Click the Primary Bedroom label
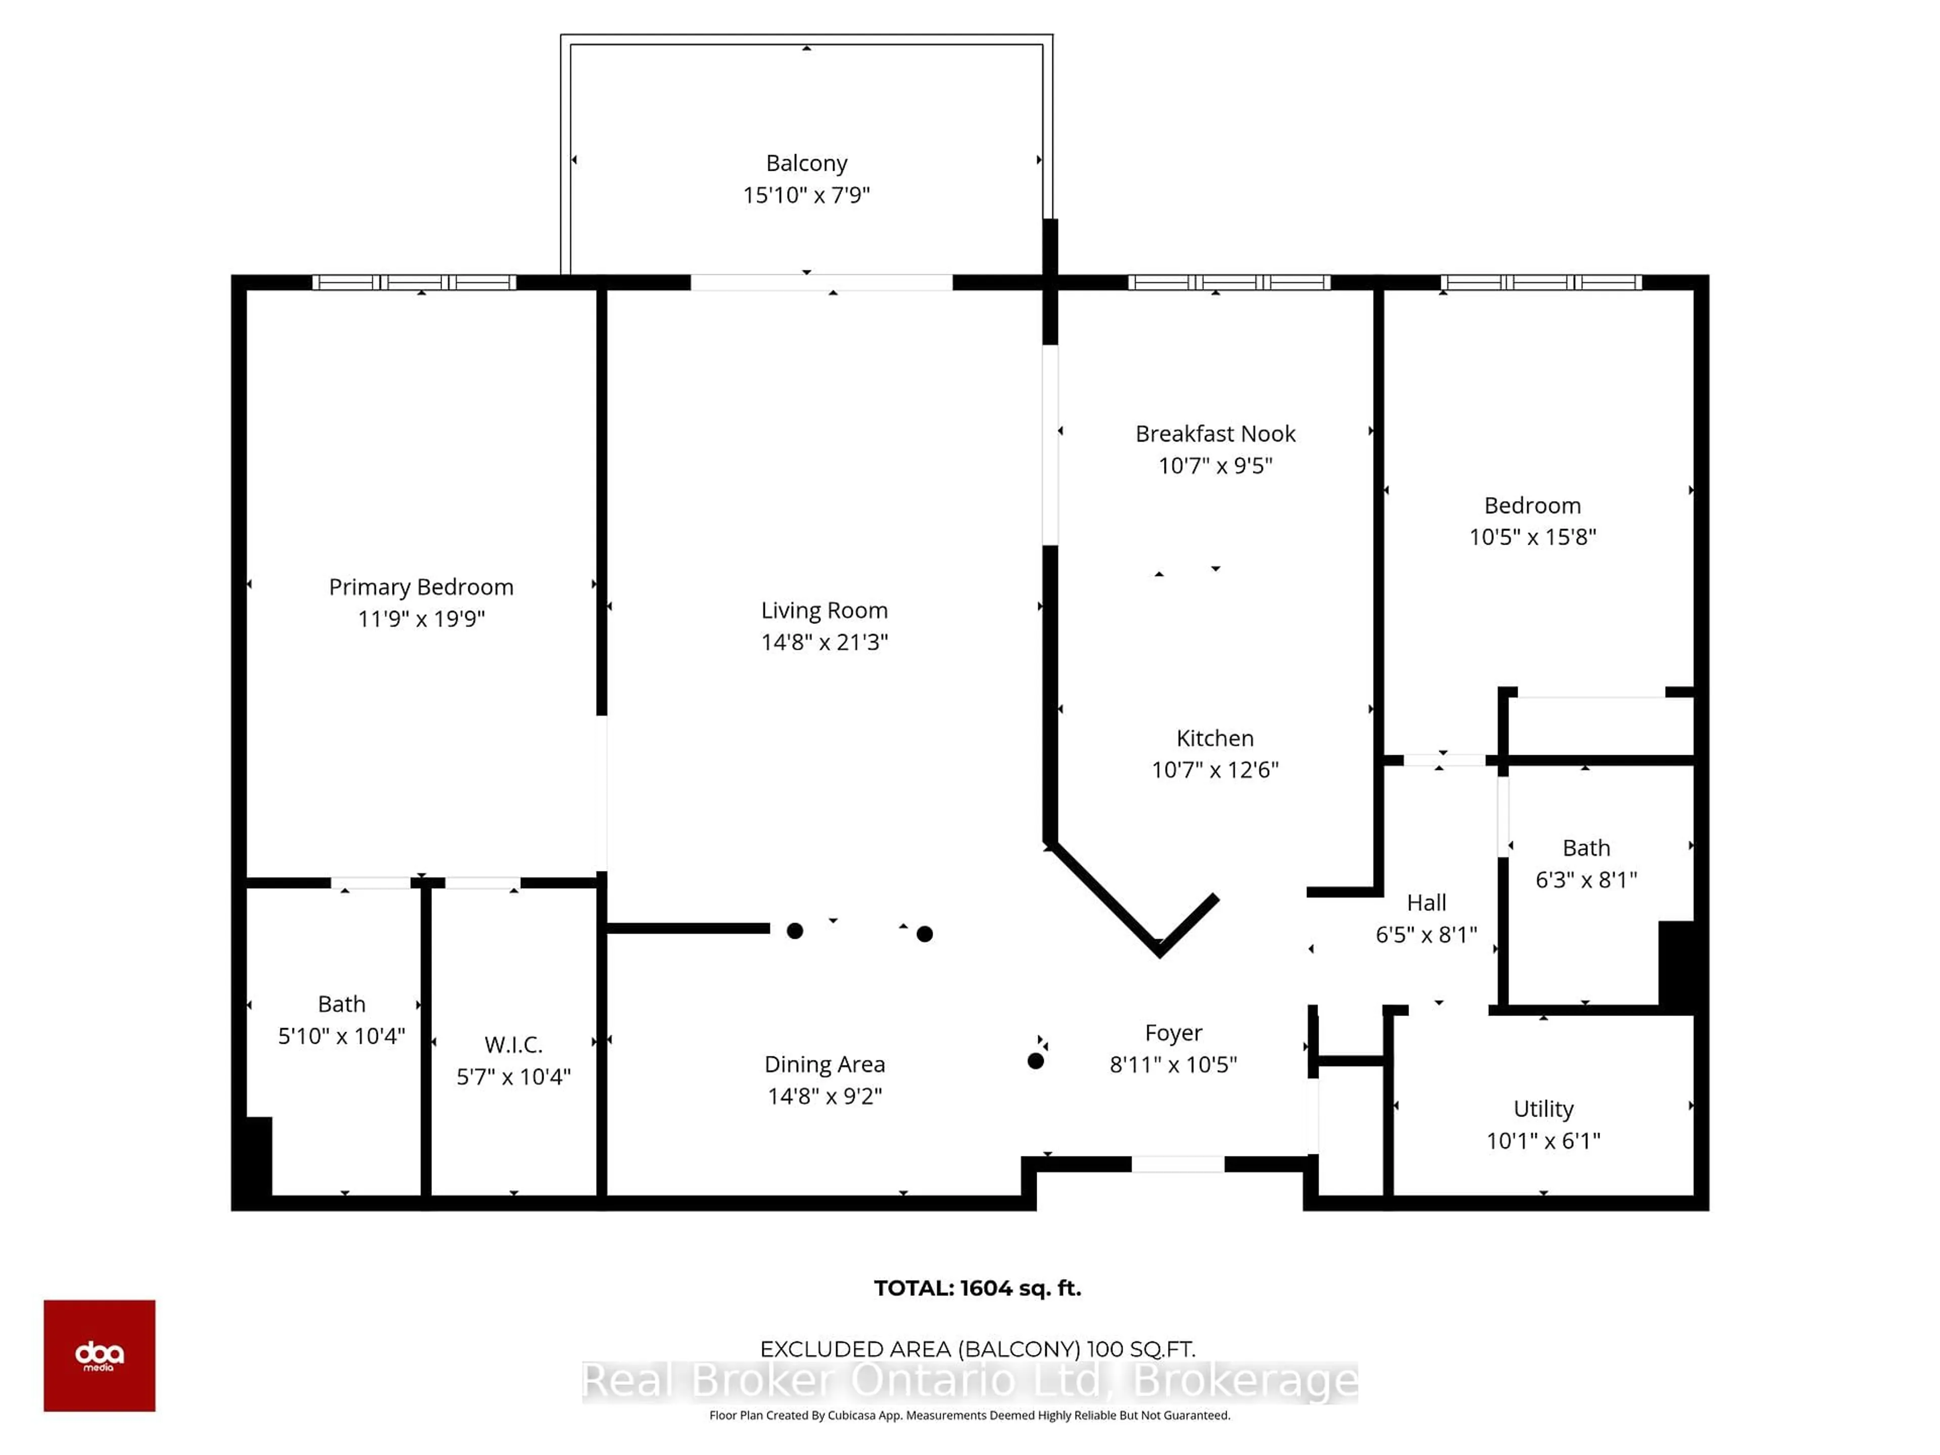(x=421, y=587)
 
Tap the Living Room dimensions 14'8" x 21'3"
(x=825, y=642)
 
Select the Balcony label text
(x=807, y=163)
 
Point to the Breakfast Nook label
(x=1216, y=433)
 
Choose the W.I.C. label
(x=514, y=1045)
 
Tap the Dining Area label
(x=825, y=1064)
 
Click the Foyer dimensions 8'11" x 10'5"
(x=1174, y=1064)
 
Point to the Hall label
(x=1427, y=902)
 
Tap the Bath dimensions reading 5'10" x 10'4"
(x=342, y=1036)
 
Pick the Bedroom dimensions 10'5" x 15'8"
(x=1533, y=537)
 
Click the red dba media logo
(x=100, y=1356)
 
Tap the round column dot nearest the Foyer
(x=1036, y=1061)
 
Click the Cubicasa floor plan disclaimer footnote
(x=970, y=1416)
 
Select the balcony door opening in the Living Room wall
(x=822, y=282)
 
